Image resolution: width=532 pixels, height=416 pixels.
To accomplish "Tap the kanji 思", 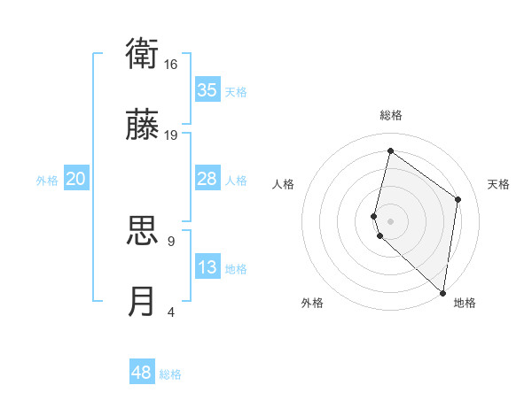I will pos(143,232).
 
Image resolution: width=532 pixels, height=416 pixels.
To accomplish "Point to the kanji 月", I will pos(143,301).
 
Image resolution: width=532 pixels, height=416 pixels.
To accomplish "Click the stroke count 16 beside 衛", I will pos(171,65).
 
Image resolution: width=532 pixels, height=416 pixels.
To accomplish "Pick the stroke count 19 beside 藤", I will pos(171,135).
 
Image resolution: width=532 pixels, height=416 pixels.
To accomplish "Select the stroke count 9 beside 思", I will pos(170,241).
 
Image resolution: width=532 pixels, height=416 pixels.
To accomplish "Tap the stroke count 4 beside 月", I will pos(170,311).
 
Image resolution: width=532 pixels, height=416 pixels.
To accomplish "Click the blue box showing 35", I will pos(207,90).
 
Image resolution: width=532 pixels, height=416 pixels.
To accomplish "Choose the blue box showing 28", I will pos(207,180).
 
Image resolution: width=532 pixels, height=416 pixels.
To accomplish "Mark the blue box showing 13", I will pos(207,267).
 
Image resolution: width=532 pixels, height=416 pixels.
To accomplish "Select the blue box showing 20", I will pos(76,180).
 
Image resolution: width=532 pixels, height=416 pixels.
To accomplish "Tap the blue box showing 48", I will pos(142,373).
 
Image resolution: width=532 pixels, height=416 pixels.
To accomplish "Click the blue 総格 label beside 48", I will pos(170,374).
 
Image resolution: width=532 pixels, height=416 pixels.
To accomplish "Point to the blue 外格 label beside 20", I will pos(47,181).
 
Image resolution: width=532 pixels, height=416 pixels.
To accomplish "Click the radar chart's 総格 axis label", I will pos(390,115).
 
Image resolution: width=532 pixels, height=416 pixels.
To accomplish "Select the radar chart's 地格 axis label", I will pos(465,304).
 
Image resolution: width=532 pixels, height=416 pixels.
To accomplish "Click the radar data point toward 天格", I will pos(458,199).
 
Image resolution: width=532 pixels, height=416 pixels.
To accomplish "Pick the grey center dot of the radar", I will pos(390,220).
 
